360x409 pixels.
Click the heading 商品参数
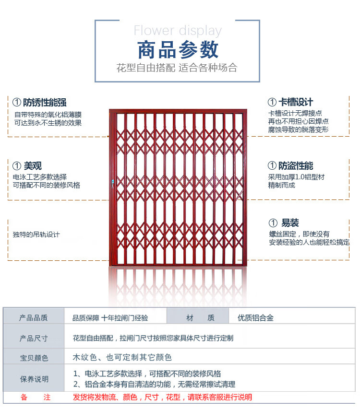[x=178, y=50]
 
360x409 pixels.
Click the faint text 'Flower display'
[x=178, y=31]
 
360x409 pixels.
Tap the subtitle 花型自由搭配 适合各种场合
[x=177, y=68]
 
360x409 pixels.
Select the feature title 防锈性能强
[x=45, y=102]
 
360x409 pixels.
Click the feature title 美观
[x=33, y=166]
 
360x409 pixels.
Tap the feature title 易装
[x=290, y=223]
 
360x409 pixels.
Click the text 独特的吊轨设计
[x=36, y=234]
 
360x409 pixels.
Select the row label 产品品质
[x=34, y=318]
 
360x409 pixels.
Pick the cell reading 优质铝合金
[x=255, y=318]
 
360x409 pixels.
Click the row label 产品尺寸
[x=34, y=339]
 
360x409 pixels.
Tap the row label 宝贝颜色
[x=34, y=358]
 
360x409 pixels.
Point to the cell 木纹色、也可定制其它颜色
[x=122, y=358]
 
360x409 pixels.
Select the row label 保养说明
[x=34, y=379]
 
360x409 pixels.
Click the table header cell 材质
[x=200, y=318]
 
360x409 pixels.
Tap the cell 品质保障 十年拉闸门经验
[x=110, y=318]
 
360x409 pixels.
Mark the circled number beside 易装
[x=273, y=223]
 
